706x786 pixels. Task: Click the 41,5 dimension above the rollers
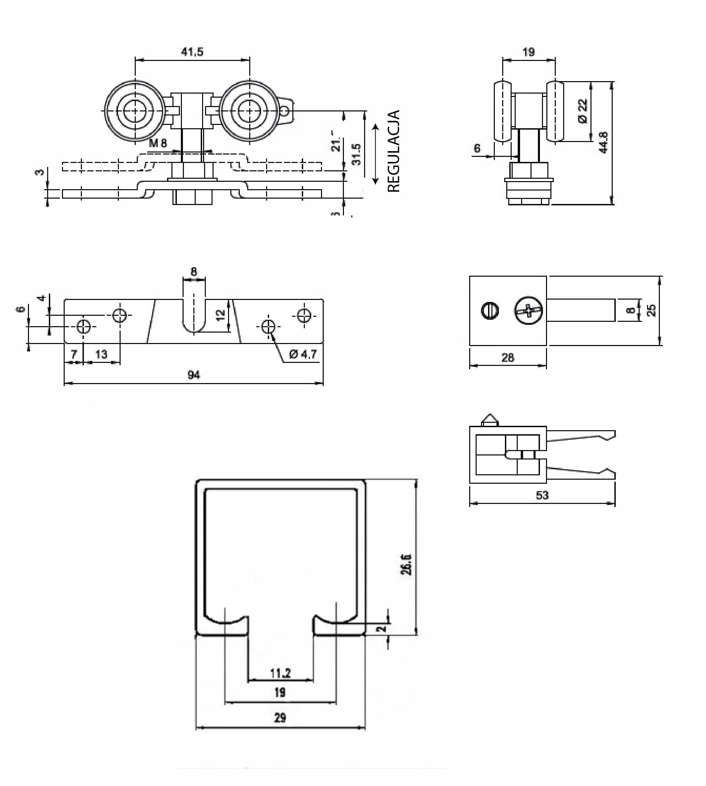pos(192,52)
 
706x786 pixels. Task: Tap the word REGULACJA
pos(393,151)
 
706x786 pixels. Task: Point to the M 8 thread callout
pos(158,143)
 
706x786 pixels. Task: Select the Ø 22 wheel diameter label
pos(583,111)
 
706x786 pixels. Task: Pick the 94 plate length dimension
pos(194,375)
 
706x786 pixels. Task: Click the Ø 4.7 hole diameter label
pos(303,354)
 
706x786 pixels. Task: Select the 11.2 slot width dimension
pos(280,673)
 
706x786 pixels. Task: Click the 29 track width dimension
pos(280,717)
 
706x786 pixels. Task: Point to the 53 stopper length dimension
pos(542,495)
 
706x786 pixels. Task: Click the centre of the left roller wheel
pos(135,111)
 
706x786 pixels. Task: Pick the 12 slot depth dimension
pos(221,315)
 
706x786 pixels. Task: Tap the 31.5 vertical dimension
pos(356,154)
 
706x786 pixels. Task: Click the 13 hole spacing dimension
pos(101,354)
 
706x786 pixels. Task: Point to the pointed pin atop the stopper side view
pos(489,419)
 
